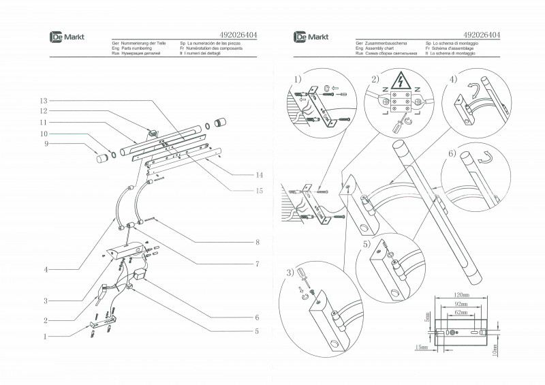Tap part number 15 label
[259, 191]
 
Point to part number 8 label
[258, 243]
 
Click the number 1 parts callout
[45, 336]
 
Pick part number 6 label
[257, 318]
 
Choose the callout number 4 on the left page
[46, 270]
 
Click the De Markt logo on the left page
[67, 36]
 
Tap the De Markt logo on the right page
[311, 36]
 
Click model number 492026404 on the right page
[482, 33]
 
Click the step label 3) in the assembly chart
[290, 273]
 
